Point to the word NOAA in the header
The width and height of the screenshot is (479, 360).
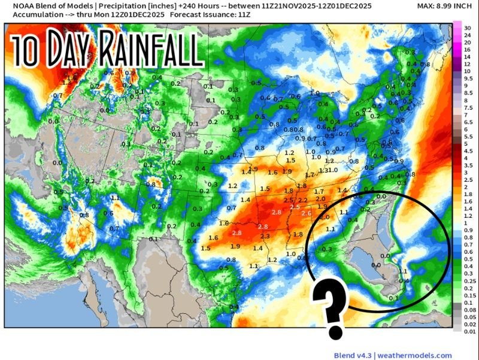[x=16, y=5]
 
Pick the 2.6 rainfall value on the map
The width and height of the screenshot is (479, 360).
[x=307, y=214]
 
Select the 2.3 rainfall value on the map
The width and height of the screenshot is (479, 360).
[x=265, y=236]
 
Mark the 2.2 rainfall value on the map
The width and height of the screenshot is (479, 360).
[x=302, y=200]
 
